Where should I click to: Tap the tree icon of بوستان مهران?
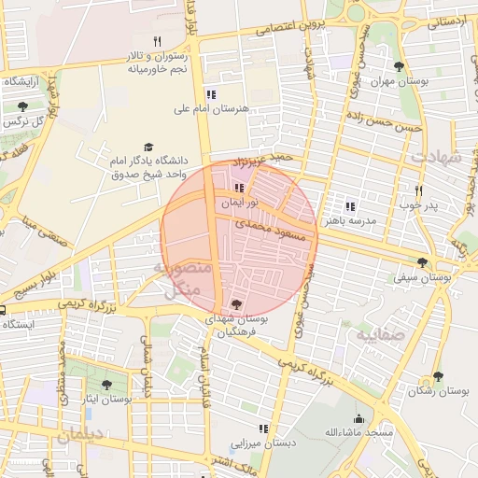[x=400, y=65]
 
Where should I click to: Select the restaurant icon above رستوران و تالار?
[x=157, y=41]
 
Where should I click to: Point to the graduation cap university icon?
[x=148, y=148]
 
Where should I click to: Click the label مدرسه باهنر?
[x=350, y=222]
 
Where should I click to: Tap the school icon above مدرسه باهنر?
[x=350, y=206]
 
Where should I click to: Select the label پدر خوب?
[x=418, y=204]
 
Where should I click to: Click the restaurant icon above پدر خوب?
[x=419, y=190]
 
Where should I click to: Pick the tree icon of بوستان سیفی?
[x=423, y=262]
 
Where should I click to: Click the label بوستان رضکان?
[x=438, y=393]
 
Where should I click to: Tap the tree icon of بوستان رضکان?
[x=438, y=376]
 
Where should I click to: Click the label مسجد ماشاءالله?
[x=359, y=434]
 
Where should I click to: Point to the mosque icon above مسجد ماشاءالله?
[x=358, y=418]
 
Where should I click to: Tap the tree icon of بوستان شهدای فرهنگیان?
[x=234, y=303]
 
